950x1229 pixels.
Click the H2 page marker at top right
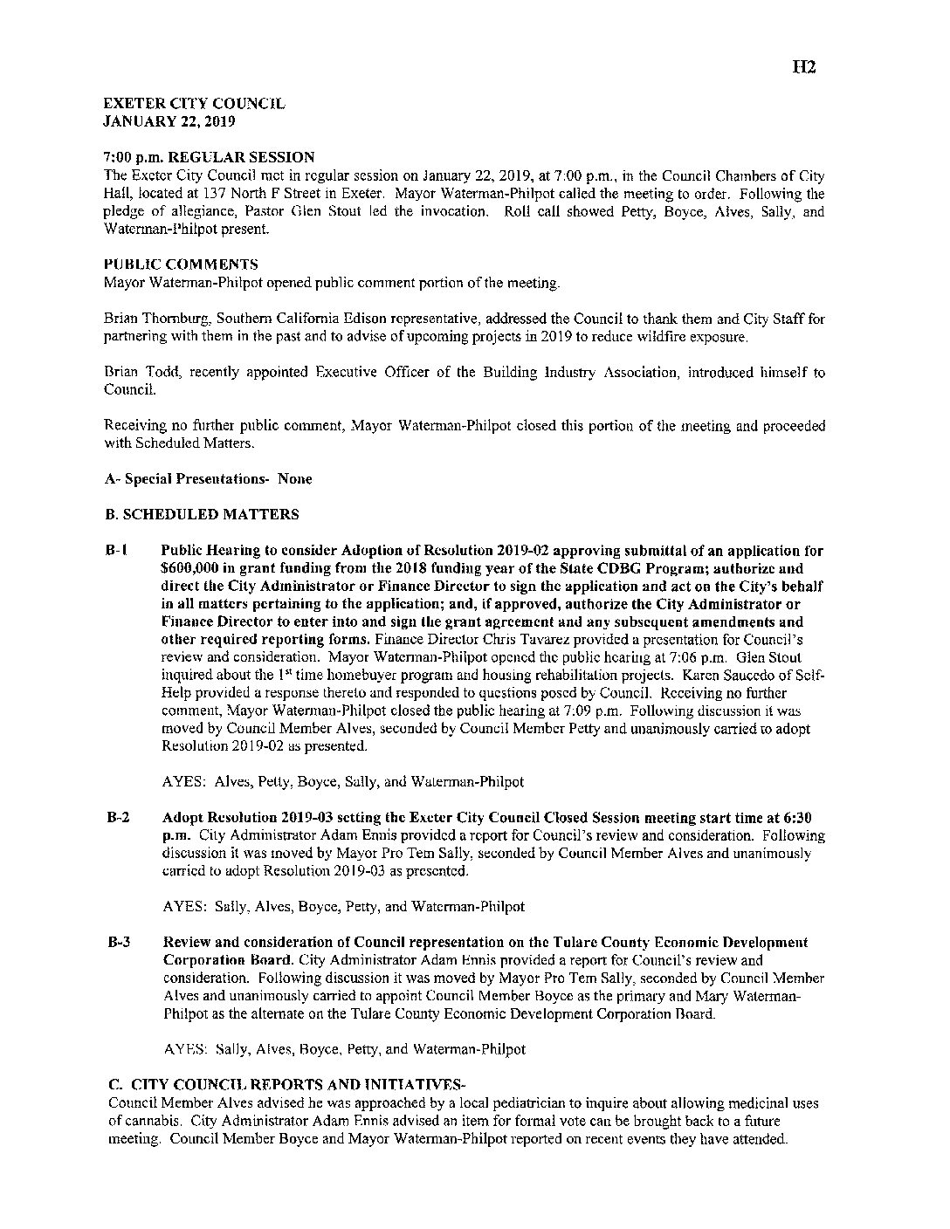point(803,66)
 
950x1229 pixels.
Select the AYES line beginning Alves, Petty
point(343,781)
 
